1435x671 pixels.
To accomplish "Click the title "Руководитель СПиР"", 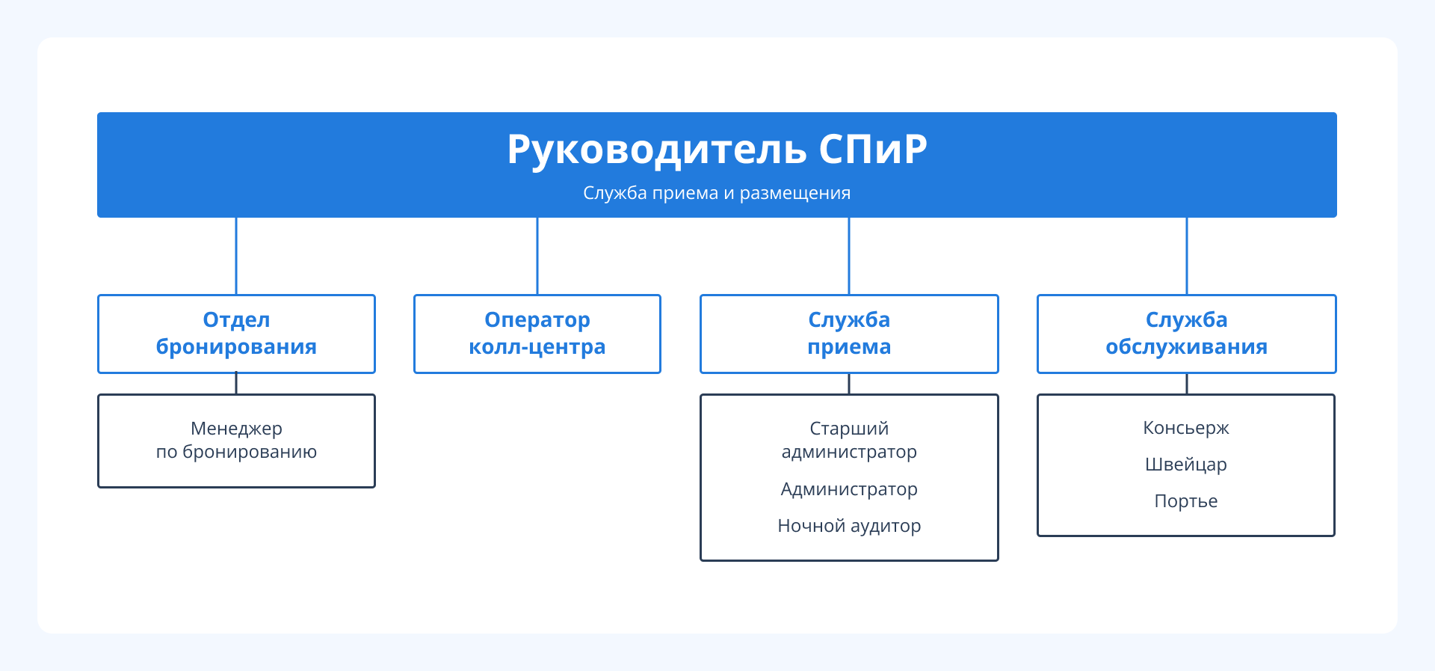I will tap(717, 149).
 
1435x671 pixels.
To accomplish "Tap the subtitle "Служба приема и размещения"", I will tap(717, 193).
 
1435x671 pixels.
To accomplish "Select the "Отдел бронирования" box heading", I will tap(236, 334).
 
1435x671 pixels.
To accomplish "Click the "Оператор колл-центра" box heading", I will tap(537, 334).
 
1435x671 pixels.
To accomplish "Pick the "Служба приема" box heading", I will tap(849, 334).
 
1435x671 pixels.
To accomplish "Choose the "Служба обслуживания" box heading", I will tap(1186, 334).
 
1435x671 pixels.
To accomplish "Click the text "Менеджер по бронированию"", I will tap(236, 440).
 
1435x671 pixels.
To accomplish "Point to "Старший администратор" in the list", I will tap(849, 440).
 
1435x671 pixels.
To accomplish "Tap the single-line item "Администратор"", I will tap(849, 489).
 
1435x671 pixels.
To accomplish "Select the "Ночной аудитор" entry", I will tap(849, 526).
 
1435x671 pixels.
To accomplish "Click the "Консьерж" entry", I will tap(1186, 428).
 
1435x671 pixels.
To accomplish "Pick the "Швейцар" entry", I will tap(1186, 465).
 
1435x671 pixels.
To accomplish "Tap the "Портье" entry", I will tap(1186, 501).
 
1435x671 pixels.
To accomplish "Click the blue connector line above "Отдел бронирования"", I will tap(236, 256).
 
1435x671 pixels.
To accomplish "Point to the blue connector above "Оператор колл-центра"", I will tap(537, 256).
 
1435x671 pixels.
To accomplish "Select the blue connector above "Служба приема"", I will tap(849, 256).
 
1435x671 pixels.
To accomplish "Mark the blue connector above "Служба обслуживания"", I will tap(1187, 256).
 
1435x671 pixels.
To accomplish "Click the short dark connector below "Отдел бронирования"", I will tap(236, 384).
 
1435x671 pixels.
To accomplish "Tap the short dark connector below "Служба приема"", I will tap(849, 384).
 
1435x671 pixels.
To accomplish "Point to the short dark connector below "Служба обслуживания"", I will tap(1187, 384).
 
